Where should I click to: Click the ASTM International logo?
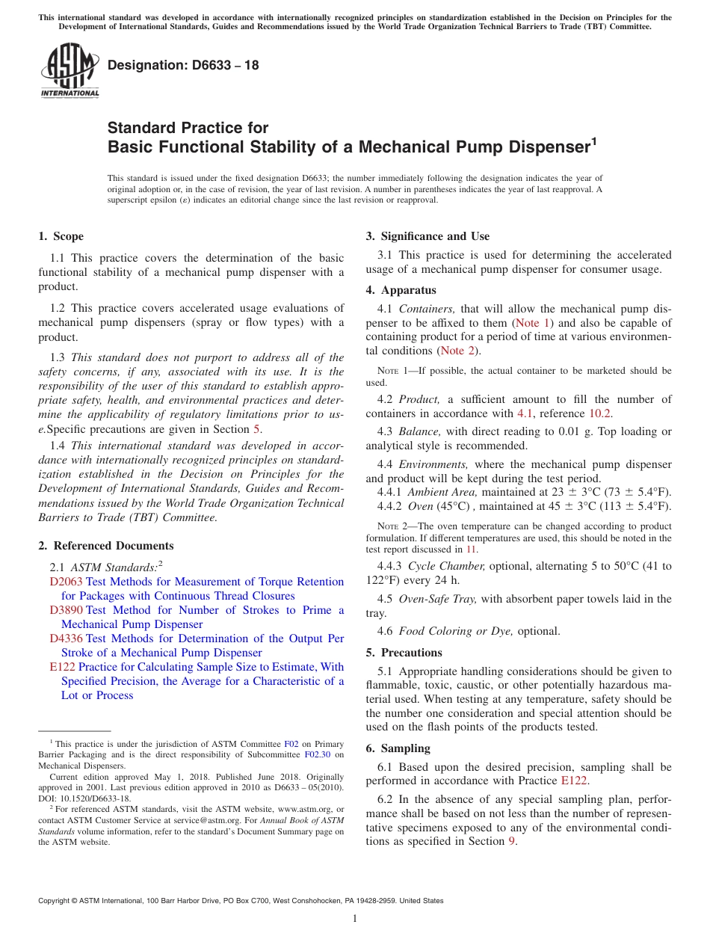coord(70,70)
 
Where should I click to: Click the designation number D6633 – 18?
coord(183,65)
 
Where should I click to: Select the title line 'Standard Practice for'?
coord(188,128)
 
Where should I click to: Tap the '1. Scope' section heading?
coord(61,236)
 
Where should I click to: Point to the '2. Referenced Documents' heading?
coord(105,546)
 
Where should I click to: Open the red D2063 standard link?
coord(66,582)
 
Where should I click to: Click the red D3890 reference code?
coord(66,610)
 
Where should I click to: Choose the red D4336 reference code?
coord(66,638)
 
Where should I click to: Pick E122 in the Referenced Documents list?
coord(62,667)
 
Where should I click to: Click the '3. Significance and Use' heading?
coord(427,236)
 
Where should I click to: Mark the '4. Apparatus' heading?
coord(401,290)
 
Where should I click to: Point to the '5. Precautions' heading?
coord(404,652)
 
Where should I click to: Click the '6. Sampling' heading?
coord(398,748)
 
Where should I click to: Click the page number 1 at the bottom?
coord(355,918)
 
